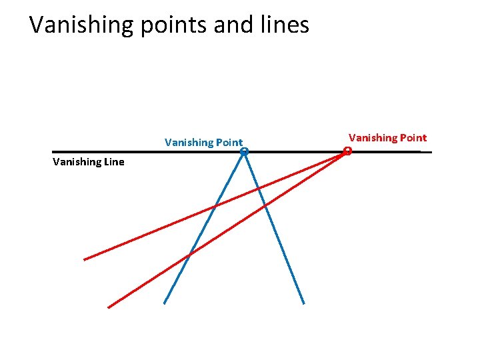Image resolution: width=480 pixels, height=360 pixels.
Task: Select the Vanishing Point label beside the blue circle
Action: (203, 142)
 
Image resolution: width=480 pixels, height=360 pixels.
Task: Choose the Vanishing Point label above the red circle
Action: (387, 138)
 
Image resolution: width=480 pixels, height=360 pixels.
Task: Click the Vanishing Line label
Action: (88, 162)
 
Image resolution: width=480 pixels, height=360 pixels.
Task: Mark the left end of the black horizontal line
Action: (53, 152)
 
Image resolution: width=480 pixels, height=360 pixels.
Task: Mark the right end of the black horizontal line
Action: (431, 152)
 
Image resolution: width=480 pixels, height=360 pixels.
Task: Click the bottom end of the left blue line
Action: (164, 303)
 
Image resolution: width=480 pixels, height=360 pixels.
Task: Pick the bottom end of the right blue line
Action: (304, 304)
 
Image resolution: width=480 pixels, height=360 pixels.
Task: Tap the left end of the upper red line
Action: (84, 259)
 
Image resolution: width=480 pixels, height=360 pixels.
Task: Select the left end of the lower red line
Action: (108, 307)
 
